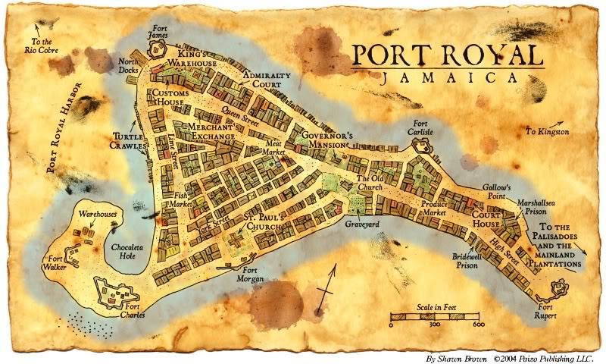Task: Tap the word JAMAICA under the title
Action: tap(445, 78)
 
